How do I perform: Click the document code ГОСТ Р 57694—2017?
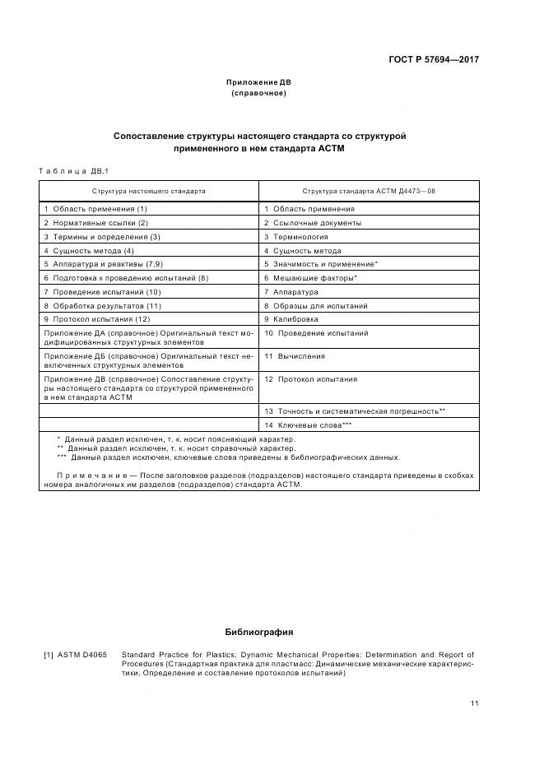point(433,59)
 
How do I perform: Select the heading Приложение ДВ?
point(258,82)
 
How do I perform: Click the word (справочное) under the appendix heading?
point(258,93)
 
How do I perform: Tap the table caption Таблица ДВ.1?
point(74,170)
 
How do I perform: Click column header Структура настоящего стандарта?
point(149,190)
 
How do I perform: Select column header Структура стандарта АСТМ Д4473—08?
point(368,190)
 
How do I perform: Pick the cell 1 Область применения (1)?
point(90,209)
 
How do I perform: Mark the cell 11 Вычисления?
point(295,356)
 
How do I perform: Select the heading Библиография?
point(258,632)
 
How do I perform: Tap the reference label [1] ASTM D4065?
point(76,655)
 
